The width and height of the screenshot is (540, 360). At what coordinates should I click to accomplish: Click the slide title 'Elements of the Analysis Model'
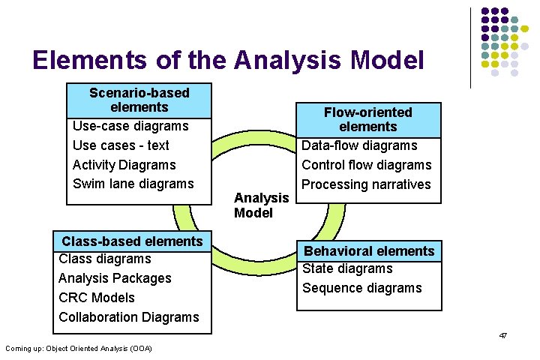tap(228, 60)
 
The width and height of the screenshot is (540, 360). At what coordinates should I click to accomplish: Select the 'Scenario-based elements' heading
tap(139, 100)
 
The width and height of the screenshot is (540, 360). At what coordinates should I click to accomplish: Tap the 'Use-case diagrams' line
tap(130, 126)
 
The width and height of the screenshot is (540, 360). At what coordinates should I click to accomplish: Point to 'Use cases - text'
tap(121, 145)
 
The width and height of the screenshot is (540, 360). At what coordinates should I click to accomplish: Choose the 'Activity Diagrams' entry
tap(124, 165)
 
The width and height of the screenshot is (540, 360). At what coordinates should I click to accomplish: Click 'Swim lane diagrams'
tap(133, 184)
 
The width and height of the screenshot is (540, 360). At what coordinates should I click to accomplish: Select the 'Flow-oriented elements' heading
tap(367, 119)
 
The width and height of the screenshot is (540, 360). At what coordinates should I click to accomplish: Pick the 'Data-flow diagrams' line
tap(359, 145)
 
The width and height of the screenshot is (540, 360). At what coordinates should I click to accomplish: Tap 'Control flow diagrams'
tap(366, 165)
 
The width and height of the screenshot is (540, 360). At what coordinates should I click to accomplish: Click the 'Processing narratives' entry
tap(366, 184)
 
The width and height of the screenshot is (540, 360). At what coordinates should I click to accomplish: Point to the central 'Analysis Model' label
tap(261, 205)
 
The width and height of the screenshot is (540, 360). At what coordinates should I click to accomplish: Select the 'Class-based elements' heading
tap(132, 241)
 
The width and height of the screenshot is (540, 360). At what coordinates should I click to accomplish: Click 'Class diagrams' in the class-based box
tap(104, 259)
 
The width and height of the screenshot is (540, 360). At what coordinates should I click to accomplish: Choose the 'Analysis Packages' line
tap(115, 278)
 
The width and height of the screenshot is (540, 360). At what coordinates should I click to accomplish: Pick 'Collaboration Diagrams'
tap(129, 317)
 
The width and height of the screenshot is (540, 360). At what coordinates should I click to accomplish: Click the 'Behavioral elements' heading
tap(368, 251)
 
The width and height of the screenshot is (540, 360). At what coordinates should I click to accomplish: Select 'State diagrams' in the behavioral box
tap(347, 269)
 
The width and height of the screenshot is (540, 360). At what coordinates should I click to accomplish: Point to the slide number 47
tap(502, 335)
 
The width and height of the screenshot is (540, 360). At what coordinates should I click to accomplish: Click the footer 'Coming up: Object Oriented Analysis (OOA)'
tap(78, 348)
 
